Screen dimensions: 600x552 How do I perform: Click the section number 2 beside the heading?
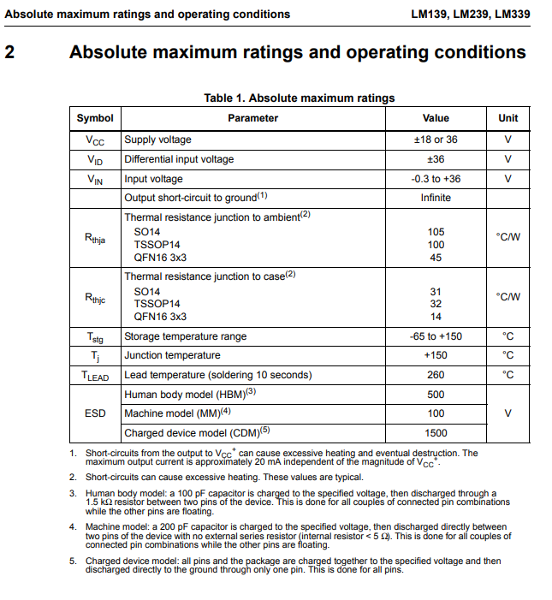pos(9,52)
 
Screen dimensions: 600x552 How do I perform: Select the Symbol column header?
pos(95,118)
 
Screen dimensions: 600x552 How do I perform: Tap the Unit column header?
pos(507,118)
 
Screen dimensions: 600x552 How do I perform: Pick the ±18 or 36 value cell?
pos(436,140)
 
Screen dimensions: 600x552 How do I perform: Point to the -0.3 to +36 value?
pos(436,179)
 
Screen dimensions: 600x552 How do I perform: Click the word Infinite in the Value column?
pos(436,198)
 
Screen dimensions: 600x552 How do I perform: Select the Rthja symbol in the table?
pos(95,239)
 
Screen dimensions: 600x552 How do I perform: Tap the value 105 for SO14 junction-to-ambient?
pos(436,232)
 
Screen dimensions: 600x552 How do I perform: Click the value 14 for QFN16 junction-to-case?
pos(436,316)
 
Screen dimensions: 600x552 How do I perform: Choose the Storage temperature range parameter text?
pos(185,336)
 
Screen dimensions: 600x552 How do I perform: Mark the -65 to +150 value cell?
pos(436,336)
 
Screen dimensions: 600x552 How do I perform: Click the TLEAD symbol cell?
pos(95,376)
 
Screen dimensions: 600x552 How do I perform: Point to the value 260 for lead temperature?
pos(436,375)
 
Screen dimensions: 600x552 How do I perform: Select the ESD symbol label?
pos(95,413)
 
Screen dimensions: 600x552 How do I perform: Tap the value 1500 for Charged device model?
pos(436,433)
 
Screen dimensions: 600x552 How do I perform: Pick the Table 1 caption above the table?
pos(299,98)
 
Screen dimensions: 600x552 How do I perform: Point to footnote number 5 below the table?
pos(73,561)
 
